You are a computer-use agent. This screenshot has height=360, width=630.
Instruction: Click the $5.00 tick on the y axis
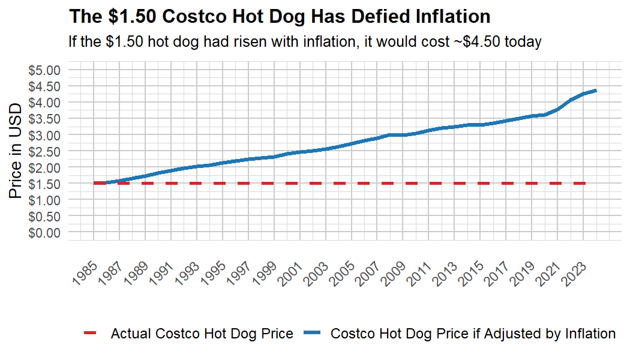[45, 70]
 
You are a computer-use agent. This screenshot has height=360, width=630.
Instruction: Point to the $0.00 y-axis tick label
[45, 232]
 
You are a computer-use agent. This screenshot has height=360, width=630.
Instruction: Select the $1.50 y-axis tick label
[45, 183]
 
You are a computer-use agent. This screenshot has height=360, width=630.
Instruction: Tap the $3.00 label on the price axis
[45, 134]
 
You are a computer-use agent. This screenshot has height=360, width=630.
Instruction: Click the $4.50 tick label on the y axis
[45, 86]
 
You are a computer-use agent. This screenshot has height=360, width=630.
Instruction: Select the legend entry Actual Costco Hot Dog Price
[202, 334]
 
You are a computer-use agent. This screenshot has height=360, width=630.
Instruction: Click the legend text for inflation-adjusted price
[473, 334]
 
